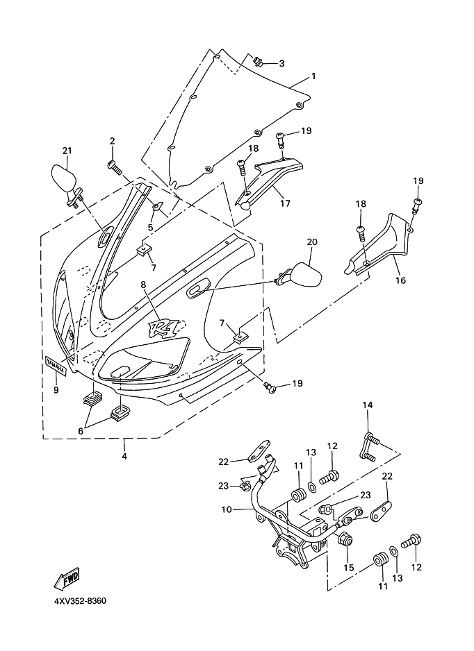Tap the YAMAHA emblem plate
click(x=56, y=365)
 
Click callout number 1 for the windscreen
click(x=313, y=76)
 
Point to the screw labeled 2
click(x=115, y=166)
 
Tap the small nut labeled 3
click(x=258, y=62)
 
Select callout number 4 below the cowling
click(x=124, y=456)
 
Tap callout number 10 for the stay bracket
click(x=226, y=509)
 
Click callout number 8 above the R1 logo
click(x=143, y=285)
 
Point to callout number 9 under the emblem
click(x=56, y=390)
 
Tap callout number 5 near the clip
click(x=151, y=227)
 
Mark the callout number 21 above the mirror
click(x=67, y=151)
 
